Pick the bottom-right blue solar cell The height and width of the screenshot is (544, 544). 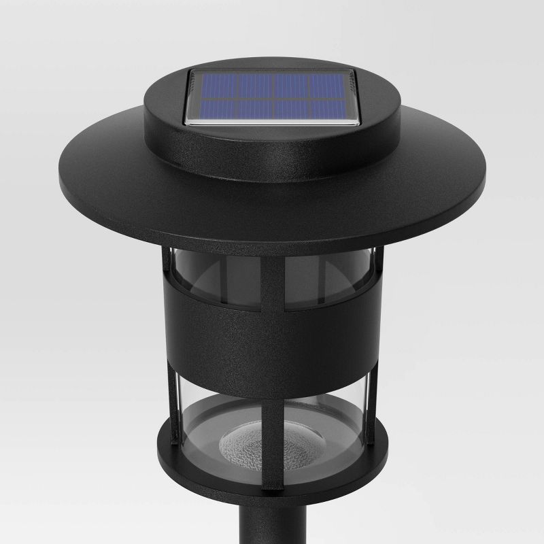point(331,111)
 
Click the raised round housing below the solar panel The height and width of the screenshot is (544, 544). point(272,146)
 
